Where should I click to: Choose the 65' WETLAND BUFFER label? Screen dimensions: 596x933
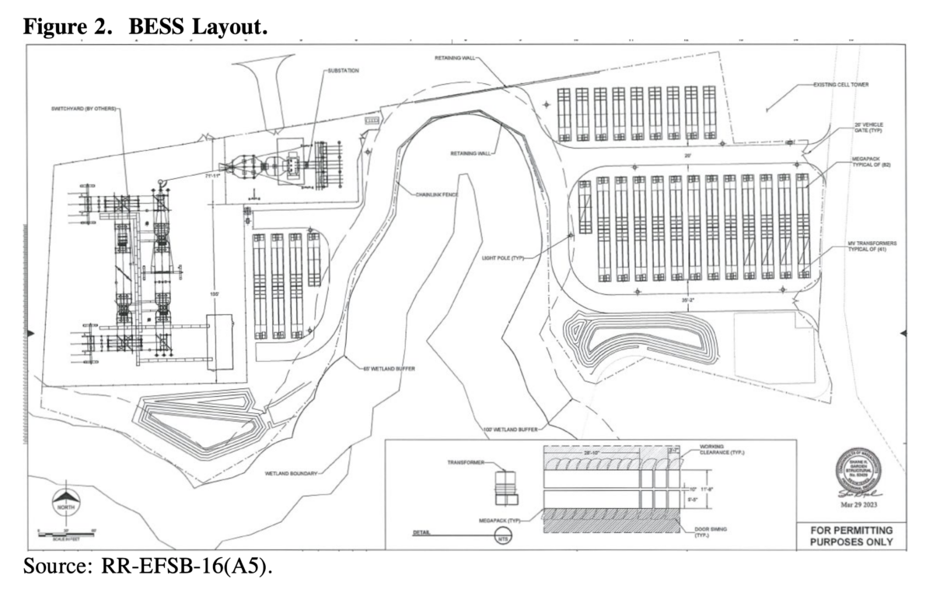[x=388, y=368]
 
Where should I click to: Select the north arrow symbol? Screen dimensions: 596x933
[x=65, y=499]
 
